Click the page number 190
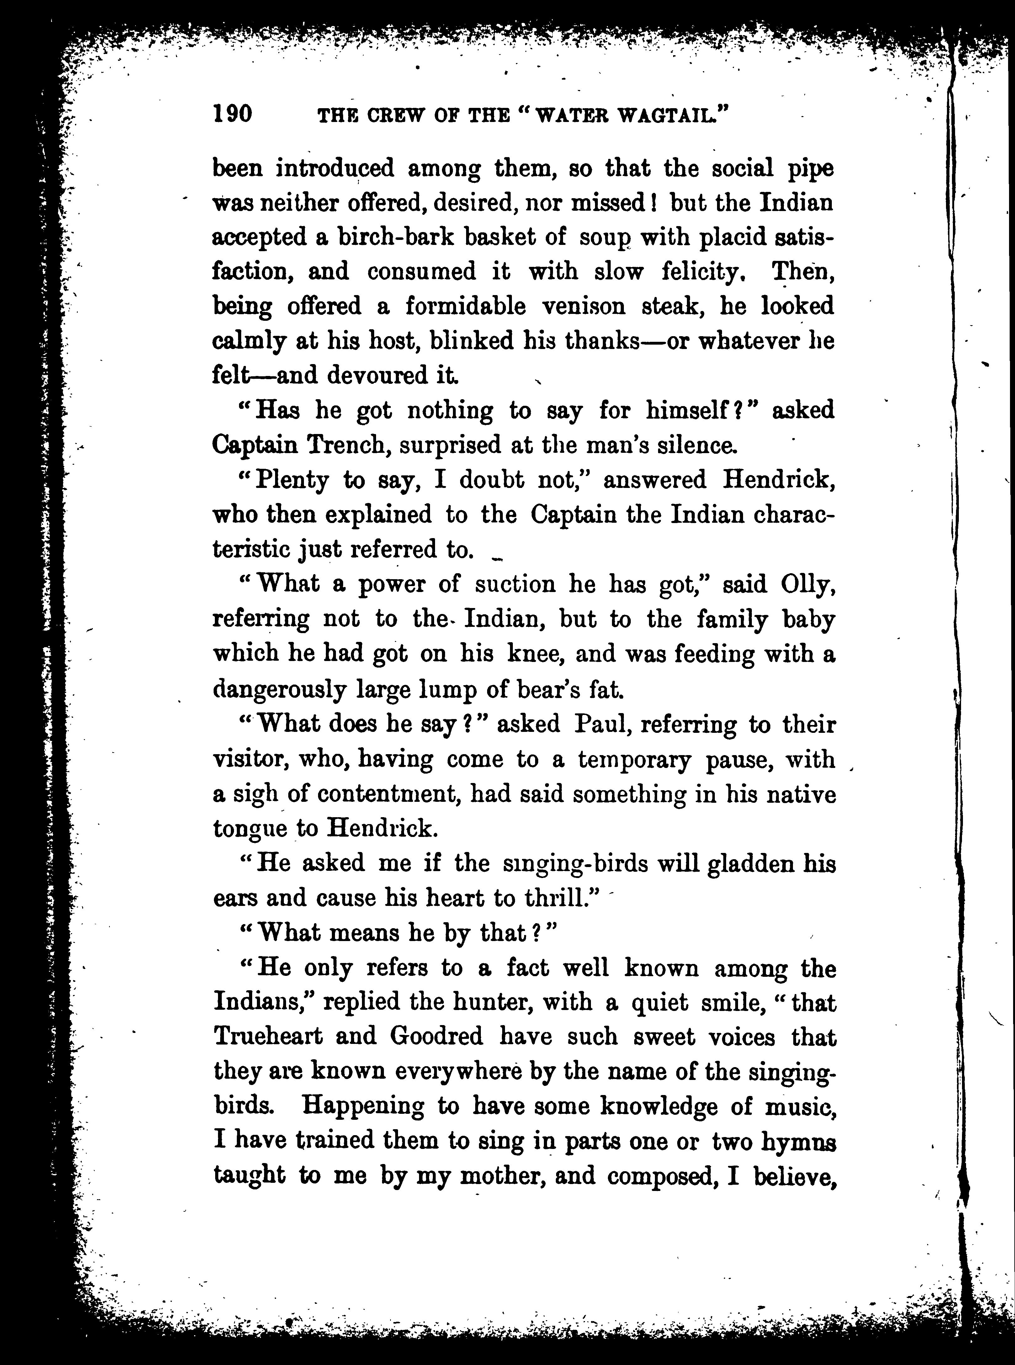(x=232, y=114)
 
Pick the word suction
(x=515, y=584)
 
